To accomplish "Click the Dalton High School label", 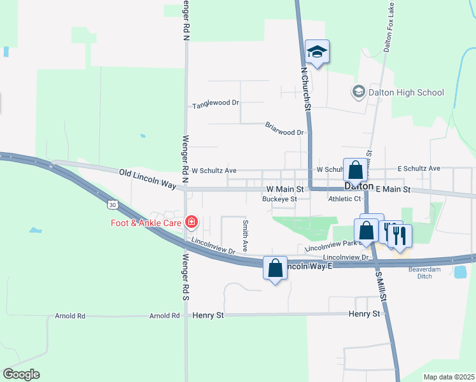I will click(x=405, y=92).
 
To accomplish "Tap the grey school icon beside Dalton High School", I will click(x=358, y=92).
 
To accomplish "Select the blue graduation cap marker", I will click(x=317, y=52).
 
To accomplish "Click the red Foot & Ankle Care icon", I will click(x=192, y=222).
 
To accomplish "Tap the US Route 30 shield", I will click(x=113, y=205).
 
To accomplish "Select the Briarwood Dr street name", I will click(x=286, y=132).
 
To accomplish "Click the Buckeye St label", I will click(x=280, y=199).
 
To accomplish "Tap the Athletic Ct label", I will click(x=344, y=199).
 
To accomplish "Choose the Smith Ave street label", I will click(x=245, y=235).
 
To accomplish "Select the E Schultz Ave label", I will click(x=419, y=169).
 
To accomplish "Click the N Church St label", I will click(x=305, y=89).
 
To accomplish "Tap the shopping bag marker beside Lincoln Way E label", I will click(x=275, y=269).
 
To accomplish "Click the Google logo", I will click(x=21, y=374).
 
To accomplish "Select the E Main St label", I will click(x=395, y=189).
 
